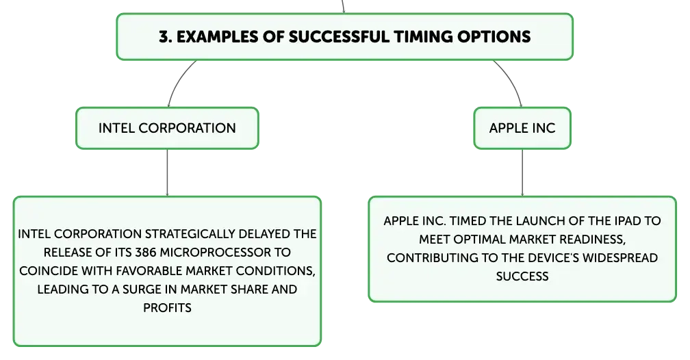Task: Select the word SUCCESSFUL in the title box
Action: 339,36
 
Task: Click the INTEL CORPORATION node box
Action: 167,128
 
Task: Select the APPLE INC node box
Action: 522,128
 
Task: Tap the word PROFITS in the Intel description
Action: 167,307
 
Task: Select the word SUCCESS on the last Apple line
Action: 522,277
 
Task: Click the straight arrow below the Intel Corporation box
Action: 167,172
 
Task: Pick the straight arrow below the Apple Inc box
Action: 522,172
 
